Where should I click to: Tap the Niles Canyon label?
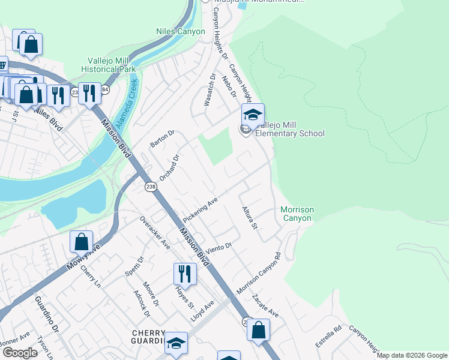[x=180, y=31]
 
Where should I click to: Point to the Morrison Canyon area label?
[x=297, y=214]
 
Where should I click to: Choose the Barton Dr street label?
[x=161, y=139]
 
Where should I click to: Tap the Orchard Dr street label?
[x=169, y=168]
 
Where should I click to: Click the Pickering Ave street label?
[x=199, y=210]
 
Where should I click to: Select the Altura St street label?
[x=249, y=218]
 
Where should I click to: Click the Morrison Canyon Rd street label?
[x=259, y=273]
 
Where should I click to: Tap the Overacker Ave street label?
[x=155, y=232]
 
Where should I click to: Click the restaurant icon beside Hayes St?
[x=185, y=274]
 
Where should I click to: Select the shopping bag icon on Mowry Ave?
[x=81, y=242]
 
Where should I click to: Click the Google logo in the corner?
[x=20, y=353]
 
